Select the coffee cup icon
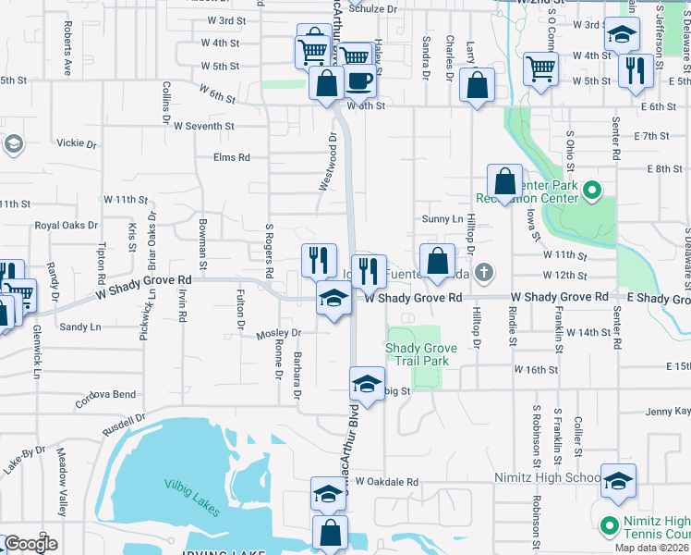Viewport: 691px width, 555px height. click(x=358, y=80)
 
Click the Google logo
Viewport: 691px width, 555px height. click(x=30, y=543)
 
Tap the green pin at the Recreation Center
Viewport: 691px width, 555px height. click(x=592, y=192)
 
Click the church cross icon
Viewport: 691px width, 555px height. click(x=487, y=273)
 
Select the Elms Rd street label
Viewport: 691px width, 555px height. click(x=231, y=158)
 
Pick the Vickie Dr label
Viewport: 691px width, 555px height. click(x=77, y=144)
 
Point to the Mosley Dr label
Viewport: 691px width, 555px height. click(x=280, y=333)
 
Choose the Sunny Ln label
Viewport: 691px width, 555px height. click(x=442, y=219)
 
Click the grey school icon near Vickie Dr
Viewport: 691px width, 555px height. click(x=13, y=145)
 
